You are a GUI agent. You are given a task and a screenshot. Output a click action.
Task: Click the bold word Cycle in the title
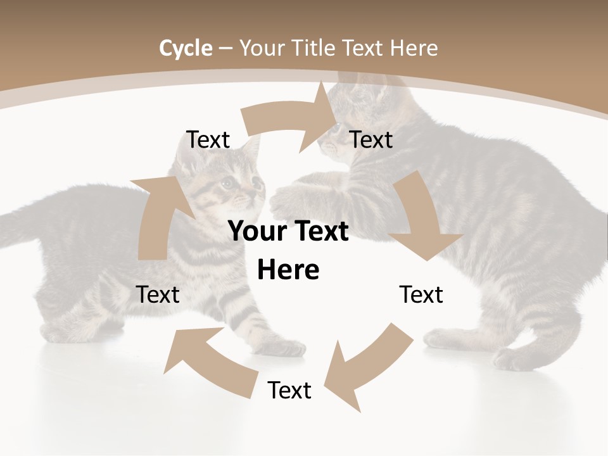[x=186, y=48]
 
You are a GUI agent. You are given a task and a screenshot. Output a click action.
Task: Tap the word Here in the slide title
[x=412, y=48]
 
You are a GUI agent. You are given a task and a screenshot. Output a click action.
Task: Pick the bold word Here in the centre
[x=288, y=270]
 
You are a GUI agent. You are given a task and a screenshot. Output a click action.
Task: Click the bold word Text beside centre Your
[x=320, y=232]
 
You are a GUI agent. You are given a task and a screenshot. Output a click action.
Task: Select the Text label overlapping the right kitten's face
[x=371, y=139]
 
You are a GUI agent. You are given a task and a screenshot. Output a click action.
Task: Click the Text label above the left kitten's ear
[x=208, y=139]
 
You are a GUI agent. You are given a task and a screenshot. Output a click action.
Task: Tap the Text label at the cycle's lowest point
[x=289, y=390]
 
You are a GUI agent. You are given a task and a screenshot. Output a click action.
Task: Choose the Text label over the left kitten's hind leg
[x=158, y=294]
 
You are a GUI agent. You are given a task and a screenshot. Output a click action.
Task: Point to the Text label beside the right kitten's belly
[x=421, y=294]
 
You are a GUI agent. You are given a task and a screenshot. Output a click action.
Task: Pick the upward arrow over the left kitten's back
[x=161, y=215]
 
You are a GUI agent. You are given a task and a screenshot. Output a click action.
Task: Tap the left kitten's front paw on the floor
[x=285, y=347]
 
